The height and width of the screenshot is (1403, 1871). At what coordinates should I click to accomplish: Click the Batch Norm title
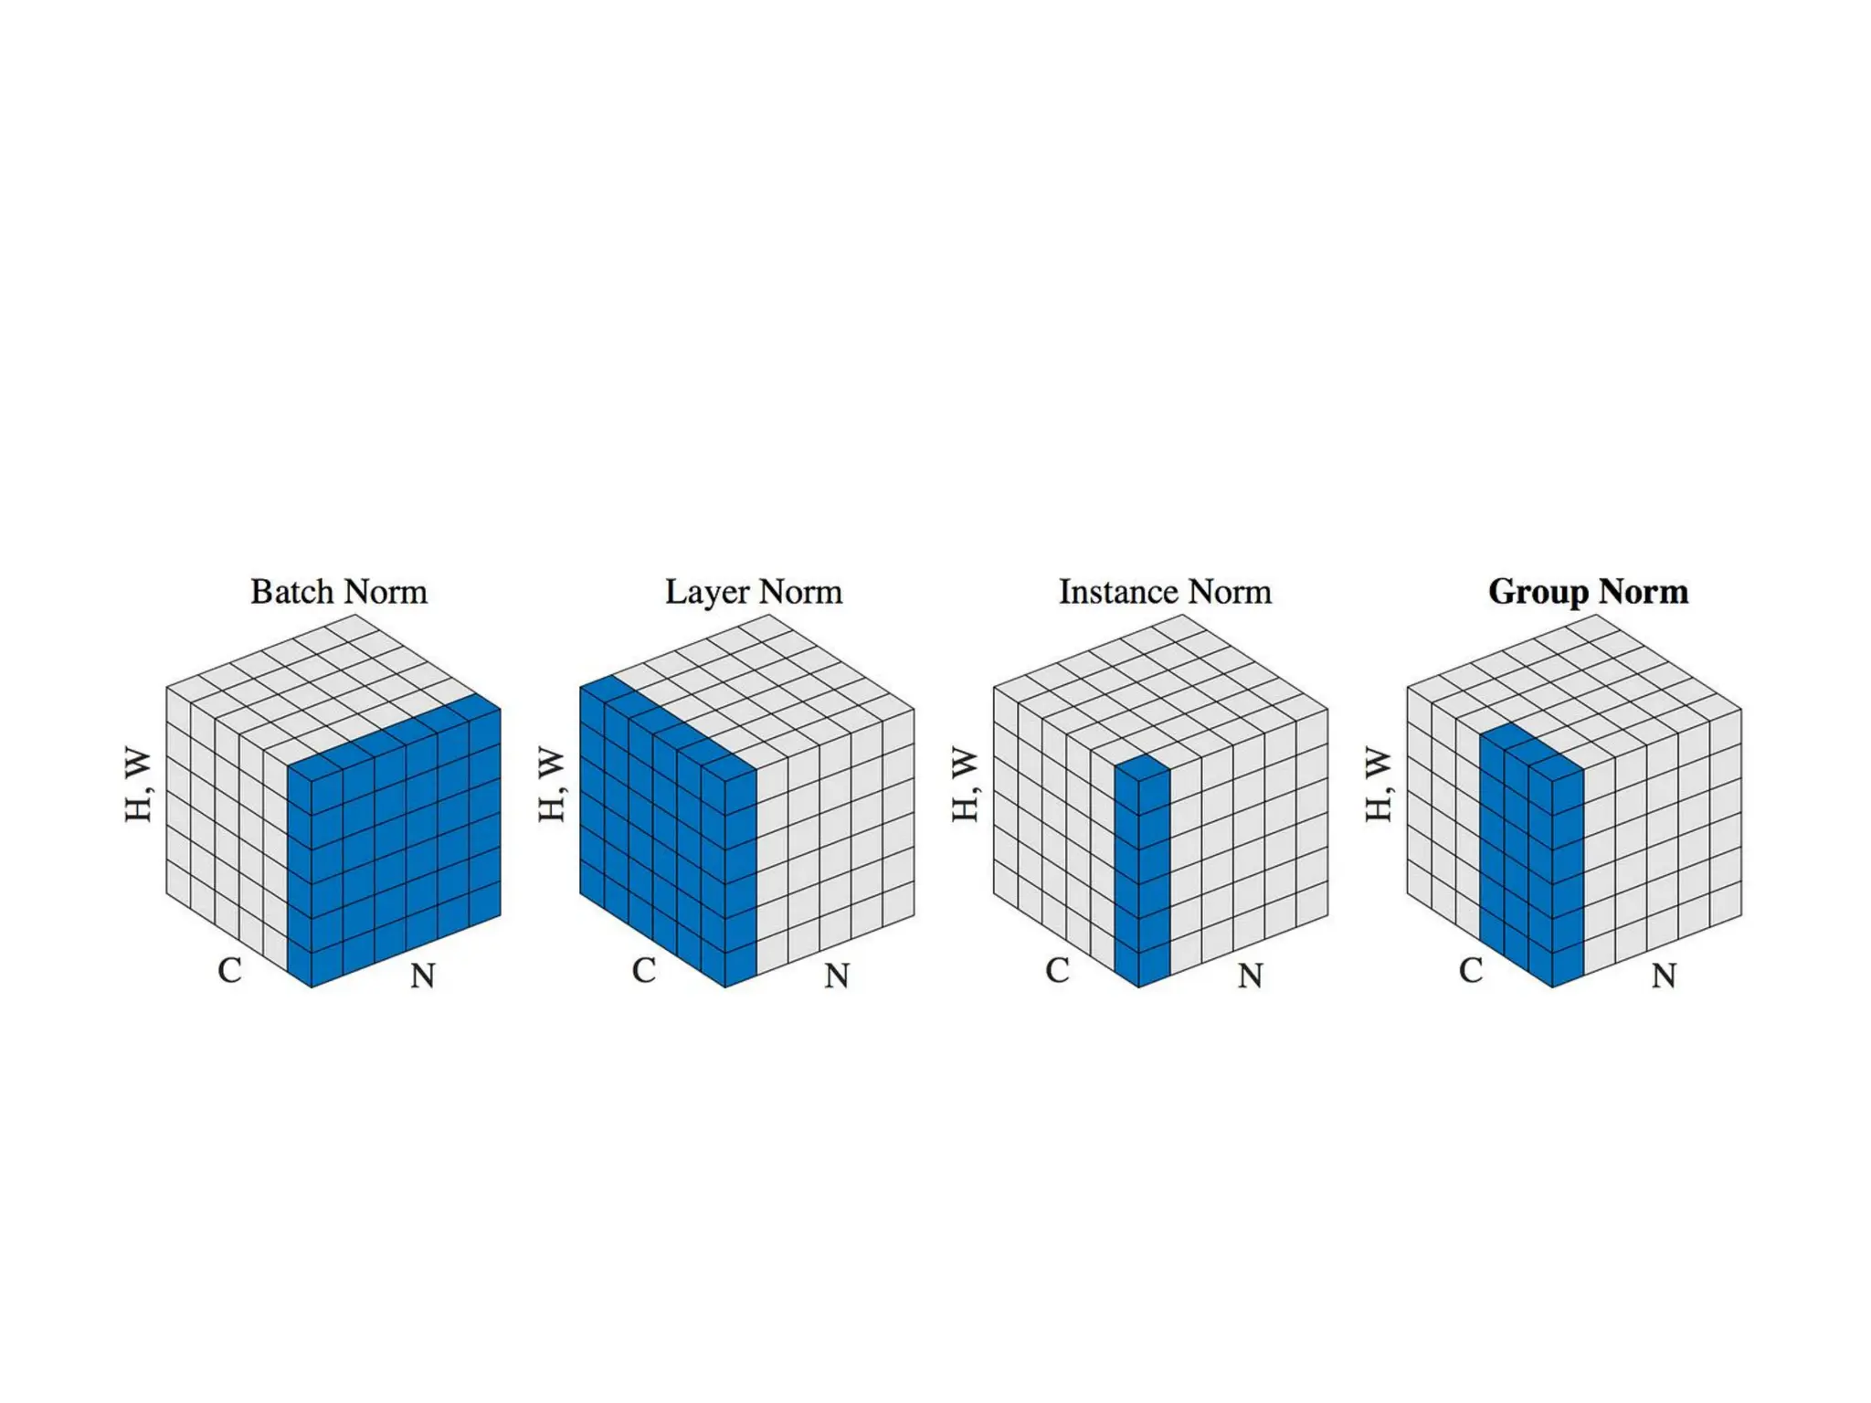tap(339, 592)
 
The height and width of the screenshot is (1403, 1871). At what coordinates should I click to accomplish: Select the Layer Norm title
tap(753, 592)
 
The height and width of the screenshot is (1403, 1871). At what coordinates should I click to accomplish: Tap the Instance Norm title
tap(1165, 592)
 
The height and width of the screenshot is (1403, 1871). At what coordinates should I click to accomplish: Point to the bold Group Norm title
tap(1588, 592)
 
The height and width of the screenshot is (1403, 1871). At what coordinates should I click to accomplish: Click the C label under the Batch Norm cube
tap(230, 970)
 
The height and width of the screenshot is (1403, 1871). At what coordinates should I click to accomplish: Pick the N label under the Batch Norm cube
tap(423, 976)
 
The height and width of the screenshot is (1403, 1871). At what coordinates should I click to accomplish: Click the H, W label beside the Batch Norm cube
tap(139, 786)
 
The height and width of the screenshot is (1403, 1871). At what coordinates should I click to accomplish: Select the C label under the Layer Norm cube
tap(644, 970)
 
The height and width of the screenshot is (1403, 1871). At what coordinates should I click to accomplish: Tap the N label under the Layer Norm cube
tap(837, 976)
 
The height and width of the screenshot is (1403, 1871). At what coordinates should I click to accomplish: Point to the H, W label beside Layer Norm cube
tap(552, 786)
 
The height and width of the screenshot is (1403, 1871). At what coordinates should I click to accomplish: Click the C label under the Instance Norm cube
tap(1057, 970)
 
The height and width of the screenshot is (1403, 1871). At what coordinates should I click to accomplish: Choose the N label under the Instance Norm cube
tap(1250, 976)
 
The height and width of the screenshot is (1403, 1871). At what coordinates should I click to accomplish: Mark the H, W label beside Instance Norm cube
tap(966, 786)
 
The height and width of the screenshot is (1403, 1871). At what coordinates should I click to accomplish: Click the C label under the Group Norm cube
tap(1471, 970)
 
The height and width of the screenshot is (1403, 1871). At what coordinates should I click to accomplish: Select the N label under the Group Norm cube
tap(1664, 976)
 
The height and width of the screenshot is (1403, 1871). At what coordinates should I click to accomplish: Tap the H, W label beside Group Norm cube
tap(1379, 786)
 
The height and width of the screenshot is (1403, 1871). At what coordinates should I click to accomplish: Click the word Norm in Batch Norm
tap(385, 592)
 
